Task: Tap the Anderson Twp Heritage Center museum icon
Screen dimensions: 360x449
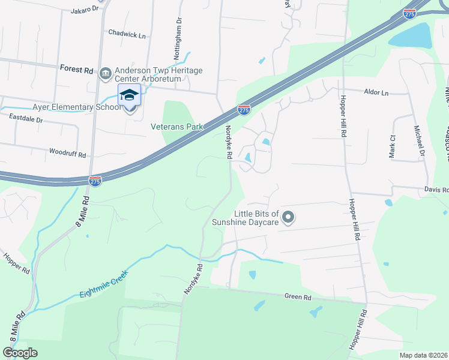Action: tap(106, 73)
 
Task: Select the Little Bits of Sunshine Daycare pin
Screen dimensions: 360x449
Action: tap(288, 217)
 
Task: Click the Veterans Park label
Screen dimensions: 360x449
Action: tap(177, 127)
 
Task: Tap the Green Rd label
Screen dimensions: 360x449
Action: tap(298, 296)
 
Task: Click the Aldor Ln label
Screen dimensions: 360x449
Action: tap(376, 93)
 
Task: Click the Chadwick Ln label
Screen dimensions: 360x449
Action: tap(127, 35)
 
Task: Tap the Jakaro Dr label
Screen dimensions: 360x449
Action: tap(84, 10)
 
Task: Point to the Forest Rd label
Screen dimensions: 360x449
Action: tap(76, 70)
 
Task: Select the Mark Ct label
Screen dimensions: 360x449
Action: tap(392, 146)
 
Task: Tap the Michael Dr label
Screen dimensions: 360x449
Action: tap(420, 142)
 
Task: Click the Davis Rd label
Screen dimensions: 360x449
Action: tap(436, 190)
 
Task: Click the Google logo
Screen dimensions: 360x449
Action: tap(20, 353)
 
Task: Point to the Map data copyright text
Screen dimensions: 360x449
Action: tap(423, 355)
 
